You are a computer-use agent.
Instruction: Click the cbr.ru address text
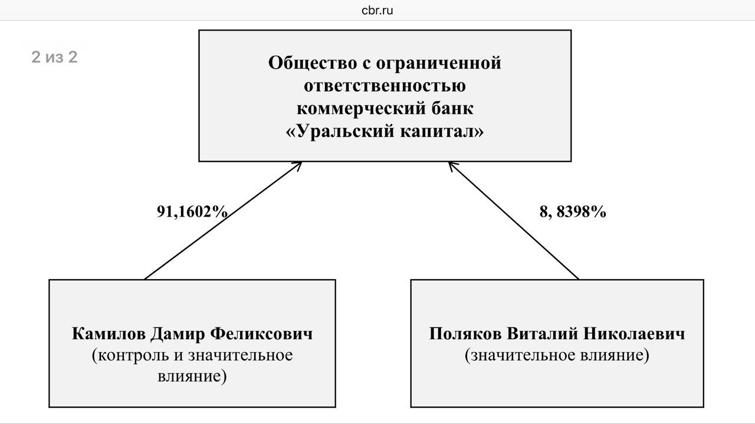tap(377, 11)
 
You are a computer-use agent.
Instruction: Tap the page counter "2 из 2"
tap(54, 57)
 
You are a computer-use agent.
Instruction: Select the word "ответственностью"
tap(385, 86)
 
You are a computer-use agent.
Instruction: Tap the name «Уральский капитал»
tap(385, 132)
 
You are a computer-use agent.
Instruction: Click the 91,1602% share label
tap(192, 212)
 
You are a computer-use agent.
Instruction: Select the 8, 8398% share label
tap(573, 212)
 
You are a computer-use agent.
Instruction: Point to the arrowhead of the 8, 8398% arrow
tap(451, 165)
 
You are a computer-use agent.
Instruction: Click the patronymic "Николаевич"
tap(635, 334)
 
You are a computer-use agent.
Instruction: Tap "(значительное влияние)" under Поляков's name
tap(557, 356)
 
